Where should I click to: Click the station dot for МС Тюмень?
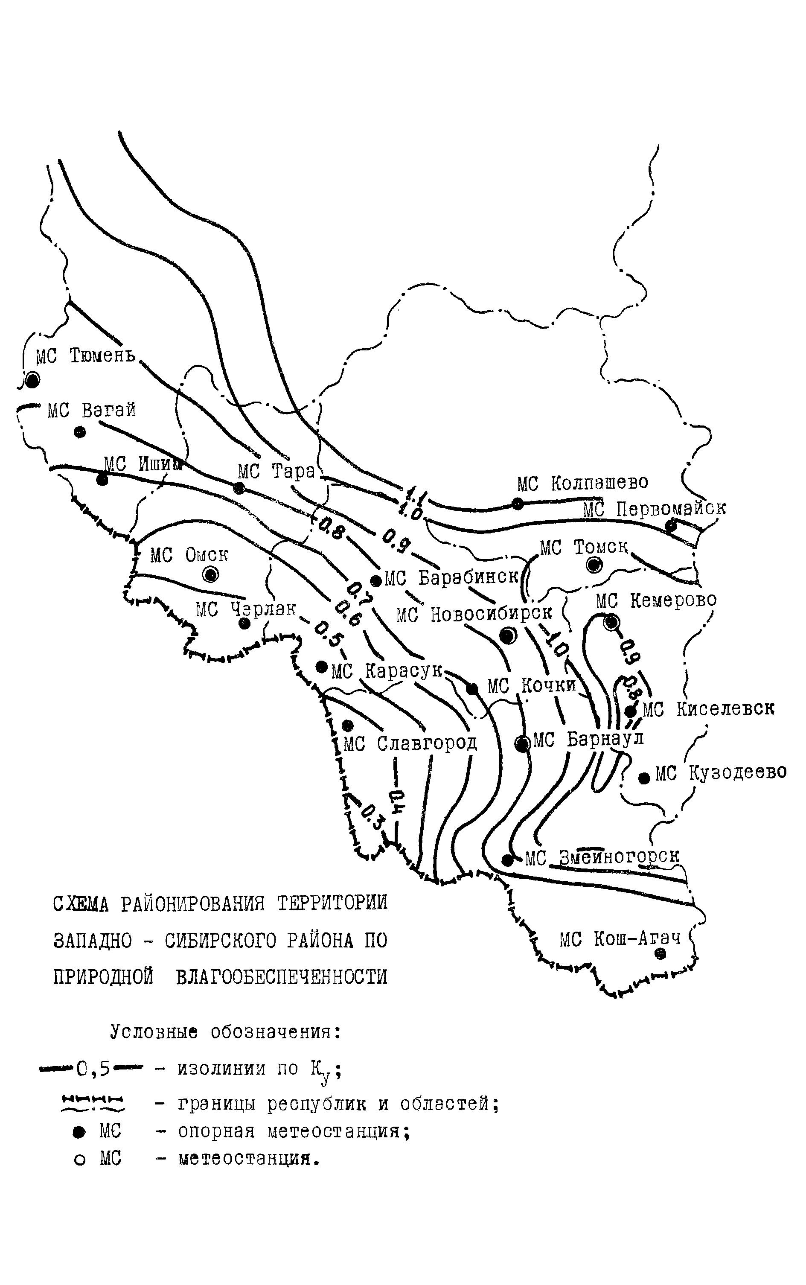[33, 380]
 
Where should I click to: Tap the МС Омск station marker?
[211, 574]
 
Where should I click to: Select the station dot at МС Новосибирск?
[508, 635]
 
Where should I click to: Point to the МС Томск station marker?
[594, 565]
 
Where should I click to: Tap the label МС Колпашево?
[583, 483]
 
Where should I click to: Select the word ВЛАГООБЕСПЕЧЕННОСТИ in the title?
[282, 977]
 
